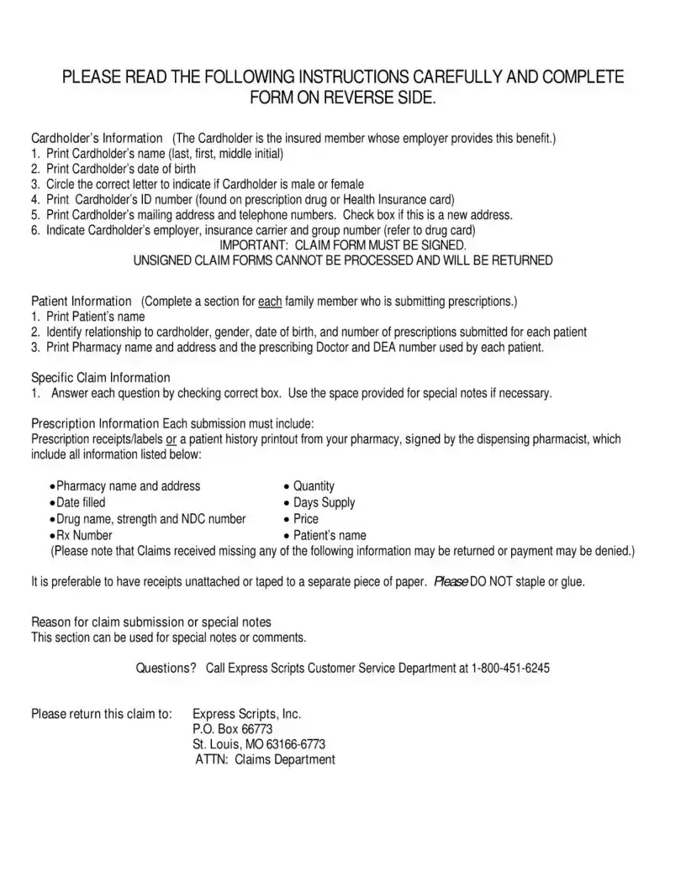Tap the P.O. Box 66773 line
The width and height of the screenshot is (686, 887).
click(232, 729)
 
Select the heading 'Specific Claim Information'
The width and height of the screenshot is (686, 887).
click(101, 377)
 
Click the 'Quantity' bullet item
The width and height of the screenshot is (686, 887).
click(314, 486)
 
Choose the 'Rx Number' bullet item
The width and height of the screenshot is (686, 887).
click(84, 535)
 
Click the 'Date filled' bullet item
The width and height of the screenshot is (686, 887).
click(81, 502)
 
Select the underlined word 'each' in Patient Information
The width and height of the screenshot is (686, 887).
click(270, 301)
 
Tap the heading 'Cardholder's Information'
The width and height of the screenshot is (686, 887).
click(97, 138)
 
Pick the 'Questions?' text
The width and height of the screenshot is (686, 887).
click(166, 669)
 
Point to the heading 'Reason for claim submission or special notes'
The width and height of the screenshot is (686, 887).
click(151, 622)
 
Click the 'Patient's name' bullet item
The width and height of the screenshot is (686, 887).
click(330, 535)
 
